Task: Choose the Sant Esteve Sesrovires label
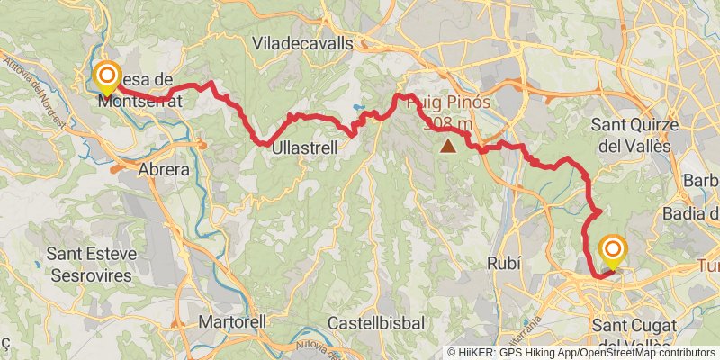point(92,262)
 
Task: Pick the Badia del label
point(689,213)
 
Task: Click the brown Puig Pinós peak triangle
point(447,144)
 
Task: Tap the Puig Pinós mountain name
point(449,102)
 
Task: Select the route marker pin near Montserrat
point(107,77)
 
